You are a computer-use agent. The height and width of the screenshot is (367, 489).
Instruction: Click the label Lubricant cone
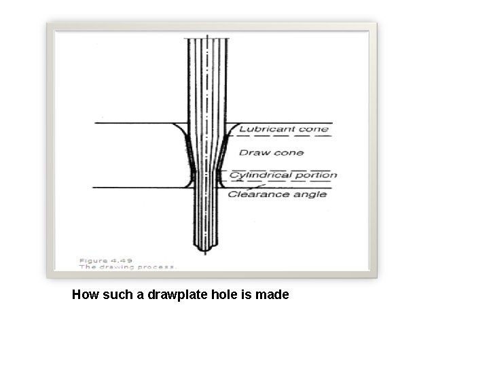click(283, 129)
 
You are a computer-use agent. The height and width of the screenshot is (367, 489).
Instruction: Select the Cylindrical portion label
click(283, 175)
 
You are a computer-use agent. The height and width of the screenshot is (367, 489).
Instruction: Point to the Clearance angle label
click(277, 194)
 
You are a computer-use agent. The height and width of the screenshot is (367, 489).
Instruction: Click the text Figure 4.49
click(106, 260)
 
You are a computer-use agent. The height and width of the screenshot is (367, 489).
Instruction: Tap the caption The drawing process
click(128, 267)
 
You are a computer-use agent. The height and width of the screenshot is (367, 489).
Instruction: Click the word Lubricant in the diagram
click(261, 129)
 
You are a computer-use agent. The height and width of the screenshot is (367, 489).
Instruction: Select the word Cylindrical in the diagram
click(256, 175)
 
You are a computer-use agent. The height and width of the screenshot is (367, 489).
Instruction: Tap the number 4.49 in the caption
click(123, 260)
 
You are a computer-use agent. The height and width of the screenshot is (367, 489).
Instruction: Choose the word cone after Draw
click(290, 152)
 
